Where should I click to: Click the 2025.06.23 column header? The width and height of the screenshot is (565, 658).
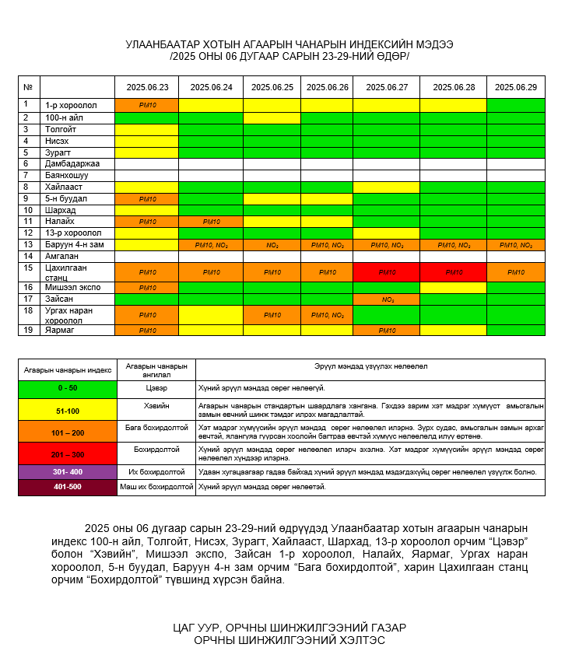[147, 87]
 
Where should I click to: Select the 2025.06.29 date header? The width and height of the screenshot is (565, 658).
[515, 87]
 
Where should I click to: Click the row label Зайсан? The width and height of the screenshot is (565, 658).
[59, 299]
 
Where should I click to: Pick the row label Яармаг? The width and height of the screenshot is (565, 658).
[60, 330]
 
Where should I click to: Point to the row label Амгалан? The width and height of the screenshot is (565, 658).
[61, 256]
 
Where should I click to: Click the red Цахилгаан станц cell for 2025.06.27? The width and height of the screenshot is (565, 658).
[387, 272]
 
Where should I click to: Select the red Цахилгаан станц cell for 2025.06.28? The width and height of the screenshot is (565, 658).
[453, 272]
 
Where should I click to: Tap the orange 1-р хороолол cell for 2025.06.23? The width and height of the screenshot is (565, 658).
[147, 105]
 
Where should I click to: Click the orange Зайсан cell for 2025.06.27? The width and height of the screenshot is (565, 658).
[387, 299]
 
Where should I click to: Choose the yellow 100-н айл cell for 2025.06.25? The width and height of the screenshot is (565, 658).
[272, 117]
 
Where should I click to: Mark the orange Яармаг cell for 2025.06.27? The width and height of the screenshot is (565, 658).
[387, 330]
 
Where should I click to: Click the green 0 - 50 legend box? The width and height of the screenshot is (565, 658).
[68, 387]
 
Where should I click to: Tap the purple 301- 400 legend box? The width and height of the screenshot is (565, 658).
[68, 471]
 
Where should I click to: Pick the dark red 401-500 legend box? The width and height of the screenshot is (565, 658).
[68, 487]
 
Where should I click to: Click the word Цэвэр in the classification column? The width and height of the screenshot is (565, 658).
[156, 387]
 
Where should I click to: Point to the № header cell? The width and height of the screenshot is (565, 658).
[28, 87]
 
